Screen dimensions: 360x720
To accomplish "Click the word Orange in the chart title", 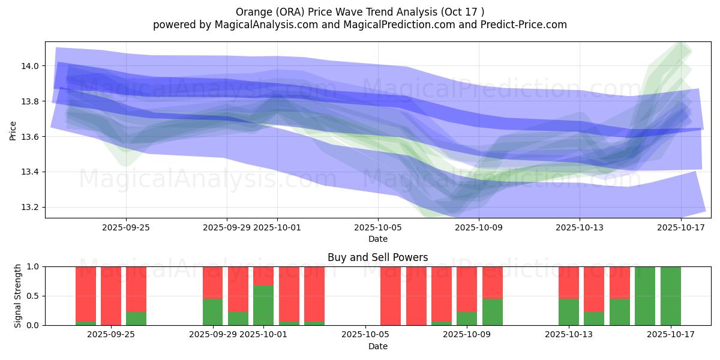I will point(252,11).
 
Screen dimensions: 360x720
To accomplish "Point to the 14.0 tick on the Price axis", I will point(31,66).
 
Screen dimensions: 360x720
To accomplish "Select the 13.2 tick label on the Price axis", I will point(31,208).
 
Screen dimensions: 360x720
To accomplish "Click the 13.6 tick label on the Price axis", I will point(31,137).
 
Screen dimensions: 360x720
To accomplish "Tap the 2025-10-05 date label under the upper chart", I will point(378,227).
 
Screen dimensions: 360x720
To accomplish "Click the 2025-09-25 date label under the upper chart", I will point(126,227).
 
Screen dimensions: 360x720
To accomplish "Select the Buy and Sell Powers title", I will point(377,257).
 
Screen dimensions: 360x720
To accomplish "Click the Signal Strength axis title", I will point(18,296).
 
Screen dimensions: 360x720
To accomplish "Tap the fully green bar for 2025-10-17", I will point(671,296).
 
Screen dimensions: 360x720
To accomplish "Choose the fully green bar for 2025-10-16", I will point(645,296).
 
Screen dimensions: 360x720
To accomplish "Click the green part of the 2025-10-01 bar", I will point(263,305).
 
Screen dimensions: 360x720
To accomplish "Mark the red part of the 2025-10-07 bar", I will point(416,296).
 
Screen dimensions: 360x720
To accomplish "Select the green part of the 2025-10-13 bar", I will point(569,312).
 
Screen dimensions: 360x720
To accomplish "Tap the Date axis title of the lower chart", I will point(377,346).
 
